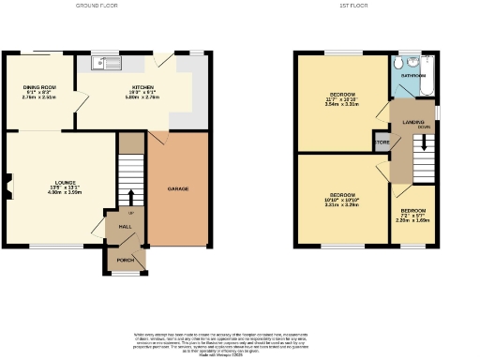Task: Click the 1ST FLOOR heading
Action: pyautogui.click(x=367, y=5)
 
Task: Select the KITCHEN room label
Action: pyautogui.click(x=142, y=86)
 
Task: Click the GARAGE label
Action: pyautogui.click(x=178, y=189)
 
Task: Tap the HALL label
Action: pyautogui.click(x=125, y=226)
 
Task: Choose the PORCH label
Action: pyautogui.click(x=125, y=259)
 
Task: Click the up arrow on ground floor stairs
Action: pyautogui.click(x=130, y=198)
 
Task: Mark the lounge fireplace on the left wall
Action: pyautogui.click(x=8, y=187)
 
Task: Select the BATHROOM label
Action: pyautogui.click(x=413, y=74)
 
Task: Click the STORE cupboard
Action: pyautogui.click(x=382, y=142)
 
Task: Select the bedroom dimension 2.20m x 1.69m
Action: pyautogui.click(x=413, y=220)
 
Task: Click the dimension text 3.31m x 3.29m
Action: pyautogui.click(x=341, y=203)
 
